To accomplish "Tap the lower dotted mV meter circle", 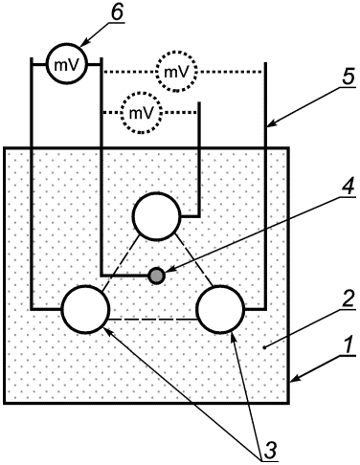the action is point(122,112).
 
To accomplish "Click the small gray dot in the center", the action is point(157,276).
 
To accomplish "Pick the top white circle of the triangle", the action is point(133,216).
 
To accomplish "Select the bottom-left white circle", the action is point(62,309).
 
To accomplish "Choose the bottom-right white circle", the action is point(197,310).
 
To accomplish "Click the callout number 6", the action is point(117,12).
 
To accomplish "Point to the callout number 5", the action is point(348,77).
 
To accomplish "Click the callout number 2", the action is point(348,299).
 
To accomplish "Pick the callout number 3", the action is point(270,451).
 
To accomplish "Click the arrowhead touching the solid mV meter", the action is point(85,42).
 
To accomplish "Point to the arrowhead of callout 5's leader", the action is point(273,123).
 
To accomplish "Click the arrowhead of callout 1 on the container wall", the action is point(296,378).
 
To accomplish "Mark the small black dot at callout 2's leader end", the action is point(264,347).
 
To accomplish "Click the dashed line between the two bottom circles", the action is point(153,320).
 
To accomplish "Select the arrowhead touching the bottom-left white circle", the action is point(108,332).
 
